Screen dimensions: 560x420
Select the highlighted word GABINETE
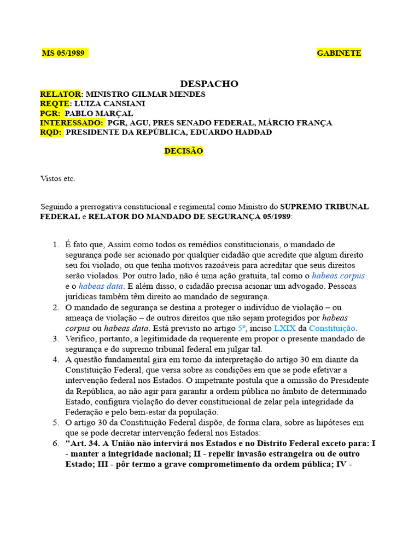click(339, 53)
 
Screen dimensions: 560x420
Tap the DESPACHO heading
click(209, 84)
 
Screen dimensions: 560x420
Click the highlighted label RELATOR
click(61, 94)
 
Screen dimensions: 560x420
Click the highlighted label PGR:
click(51, 113)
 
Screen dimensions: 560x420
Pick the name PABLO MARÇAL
click(99, 113)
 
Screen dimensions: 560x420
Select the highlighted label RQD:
click(51, 132)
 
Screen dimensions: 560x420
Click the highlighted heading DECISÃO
click(184, 151)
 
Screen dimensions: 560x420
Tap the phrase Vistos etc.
click(58, 178)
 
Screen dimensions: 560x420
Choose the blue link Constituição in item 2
click(332, 328)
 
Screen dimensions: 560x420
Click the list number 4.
click(56, 359)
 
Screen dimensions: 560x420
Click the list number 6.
click(56, 444)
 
